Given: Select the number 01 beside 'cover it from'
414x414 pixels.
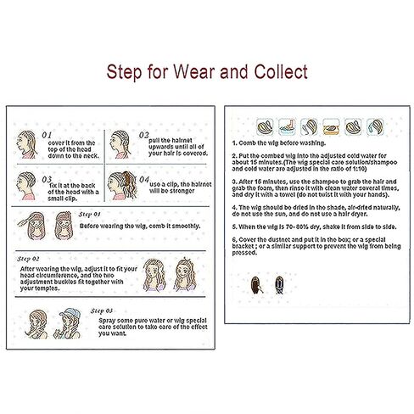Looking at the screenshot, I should [48, 134].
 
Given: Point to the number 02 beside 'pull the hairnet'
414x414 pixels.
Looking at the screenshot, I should [144, 134].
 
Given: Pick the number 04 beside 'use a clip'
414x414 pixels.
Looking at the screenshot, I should [144, 179].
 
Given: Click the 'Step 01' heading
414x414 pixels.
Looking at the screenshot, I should [89, 215].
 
